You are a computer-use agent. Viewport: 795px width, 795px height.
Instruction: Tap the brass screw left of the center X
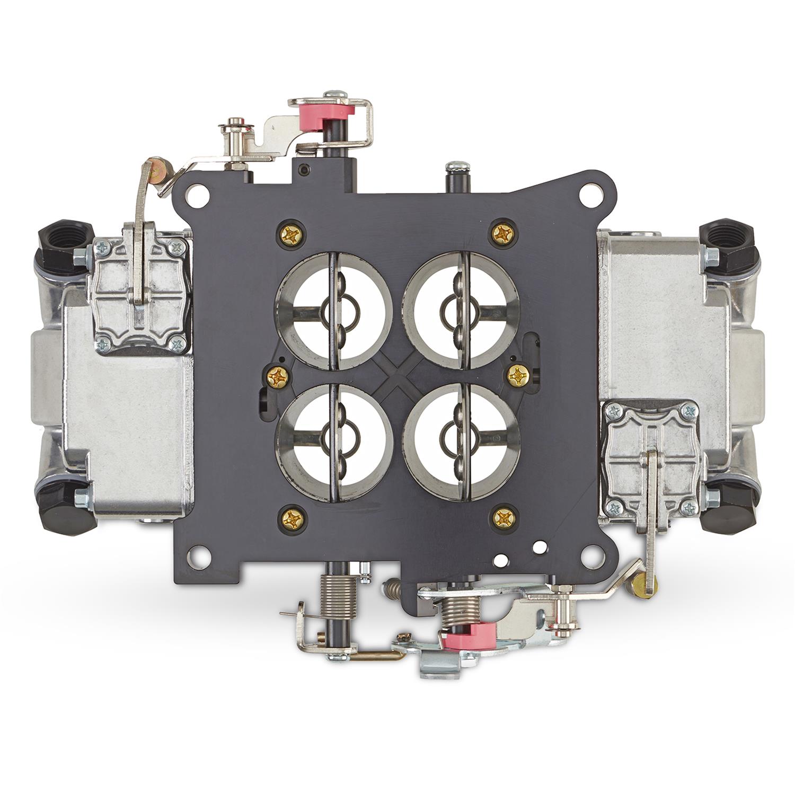(x=278, y=377)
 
